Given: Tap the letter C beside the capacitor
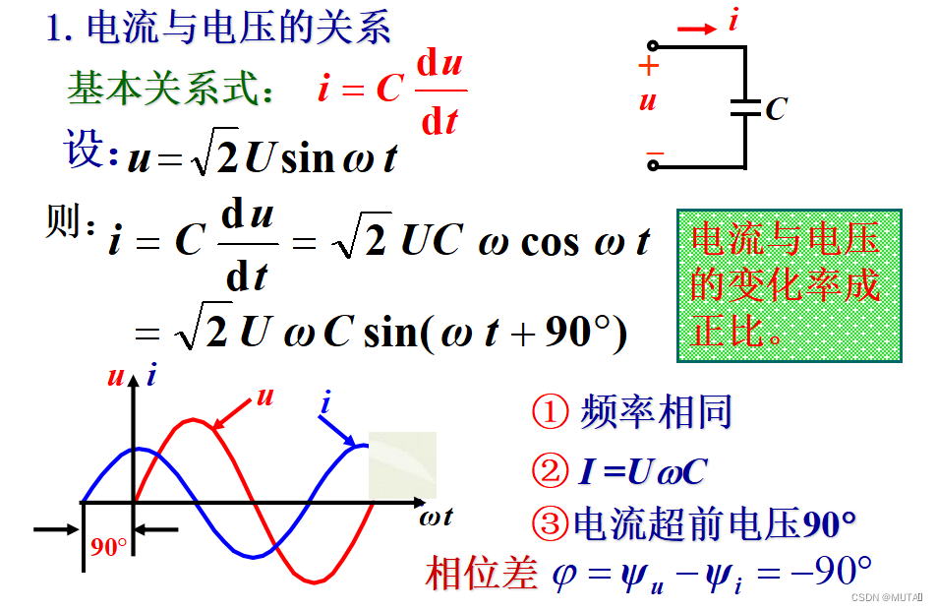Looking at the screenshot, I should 776,108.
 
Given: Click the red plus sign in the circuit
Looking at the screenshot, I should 647,67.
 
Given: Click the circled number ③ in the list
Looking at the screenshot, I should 550,523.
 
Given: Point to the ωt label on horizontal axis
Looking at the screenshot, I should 435,516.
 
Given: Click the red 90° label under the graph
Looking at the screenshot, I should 108,548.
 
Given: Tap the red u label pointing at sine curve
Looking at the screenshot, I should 264,397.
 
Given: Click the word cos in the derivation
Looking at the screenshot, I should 549,241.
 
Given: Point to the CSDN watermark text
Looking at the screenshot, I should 885,597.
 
